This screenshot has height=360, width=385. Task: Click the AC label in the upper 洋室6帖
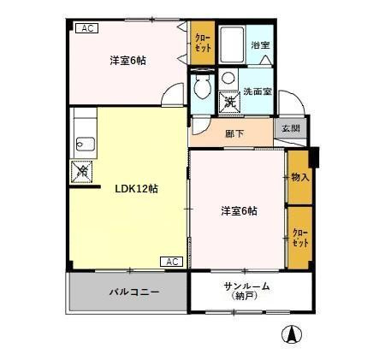pos(86,28)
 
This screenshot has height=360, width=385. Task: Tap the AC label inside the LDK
pos(170,262)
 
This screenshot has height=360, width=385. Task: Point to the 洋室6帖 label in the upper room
pos(127,61)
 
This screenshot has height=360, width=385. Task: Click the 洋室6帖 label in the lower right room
pos(239,210)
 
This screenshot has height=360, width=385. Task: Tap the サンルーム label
pos(246,286)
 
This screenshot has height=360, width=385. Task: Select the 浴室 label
pos(259,44)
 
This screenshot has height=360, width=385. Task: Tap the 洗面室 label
pos(256,91)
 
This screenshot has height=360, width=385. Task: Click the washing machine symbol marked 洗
pos(230,101)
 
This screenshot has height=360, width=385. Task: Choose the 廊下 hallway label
pos(234,133)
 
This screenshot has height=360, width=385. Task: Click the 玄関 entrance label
pos(290,129)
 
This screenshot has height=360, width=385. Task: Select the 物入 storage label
pos(299,177)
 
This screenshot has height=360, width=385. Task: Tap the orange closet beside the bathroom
pos(203,43)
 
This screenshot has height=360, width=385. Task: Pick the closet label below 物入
pos(299,236)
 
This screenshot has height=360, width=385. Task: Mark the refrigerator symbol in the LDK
pos(83,170)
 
